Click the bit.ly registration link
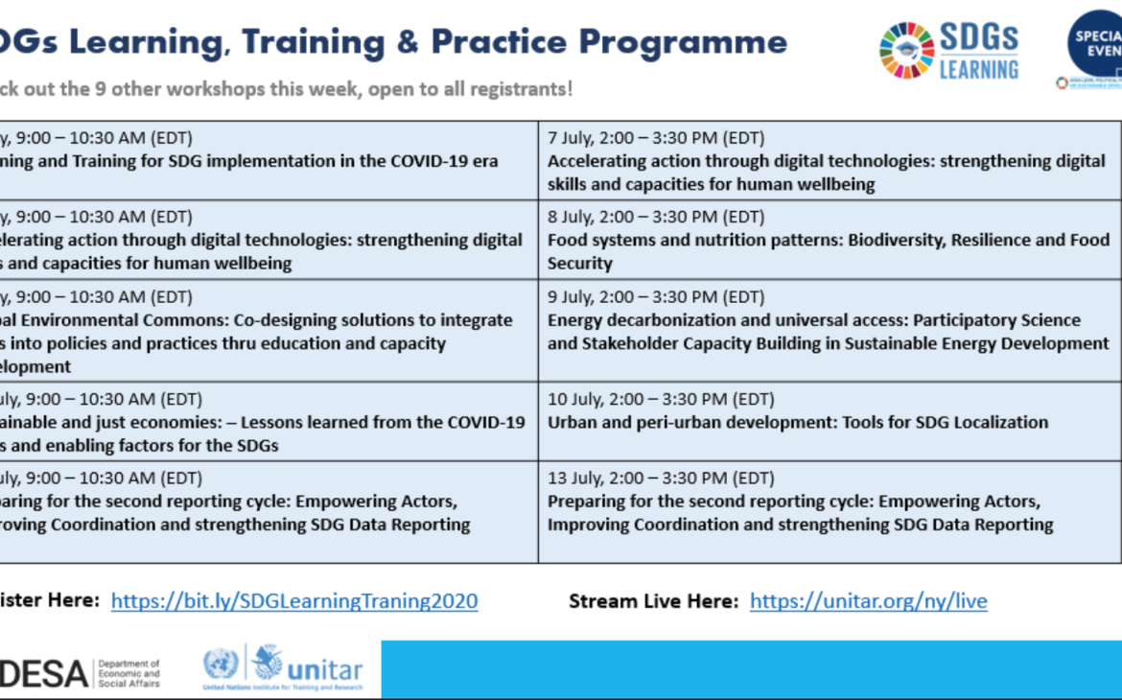pyautogui.click(x=294, y=601)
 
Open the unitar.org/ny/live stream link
pyautogui.click(x=868, y=601)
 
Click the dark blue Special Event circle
pyautogui.click(x=1095, y=43)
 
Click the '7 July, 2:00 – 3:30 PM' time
pyautogui.click(x=656, y=138)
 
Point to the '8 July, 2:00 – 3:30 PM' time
pyautogui.click(x=656, y=217)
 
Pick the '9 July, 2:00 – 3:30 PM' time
pyautogui.click(x=656, y=297)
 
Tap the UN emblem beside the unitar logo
pyautogui.click(x=221, y=664)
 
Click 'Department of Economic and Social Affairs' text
pyautogui.click(x=129, y=673)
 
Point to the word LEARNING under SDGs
pyautogui.click(x=978, y=70)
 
